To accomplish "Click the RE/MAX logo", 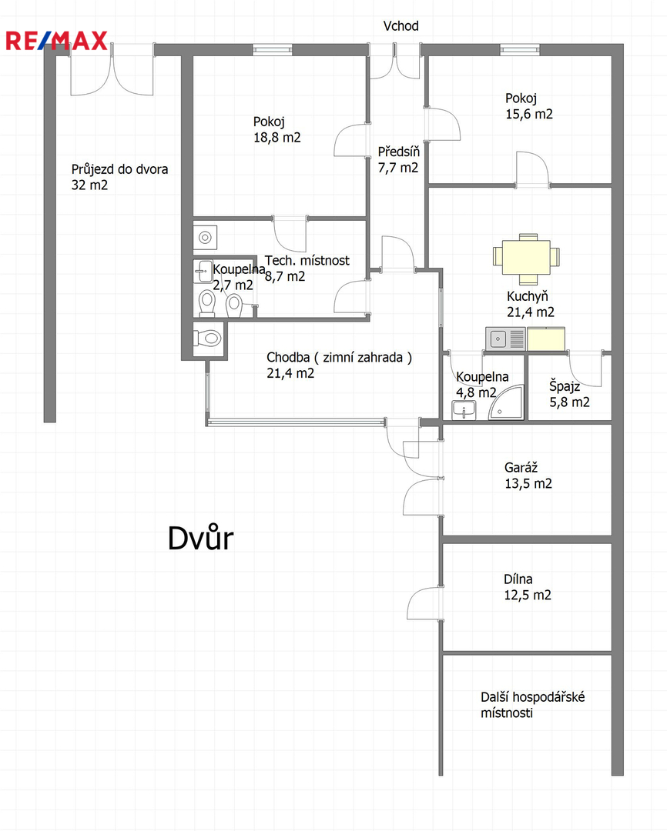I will coord(57,41).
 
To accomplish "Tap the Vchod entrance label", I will coord(401,26).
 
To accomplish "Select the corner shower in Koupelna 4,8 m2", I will coord(507,405).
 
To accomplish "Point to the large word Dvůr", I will coord(200,539).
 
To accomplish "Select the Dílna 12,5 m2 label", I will coord(528,587).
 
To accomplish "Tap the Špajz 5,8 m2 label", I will coord(569,393).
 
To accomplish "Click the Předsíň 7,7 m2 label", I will coord(397,159).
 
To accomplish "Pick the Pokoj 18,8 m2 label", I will coord(277,129).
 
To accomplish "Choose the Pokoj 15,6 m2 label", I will coord(529,105).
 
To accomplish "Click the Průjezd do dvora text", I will coord(119,169).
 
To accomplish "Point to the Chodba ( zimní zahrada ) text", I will coord(340,357).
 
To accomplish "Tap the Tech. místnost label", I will coord(307,261).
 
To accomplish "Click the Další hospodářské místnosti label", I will coord(532,705).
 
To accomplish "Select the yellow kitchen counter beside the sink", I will coord(545,338).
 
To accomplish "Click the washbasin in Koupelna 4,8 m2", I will coord(464,410).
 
